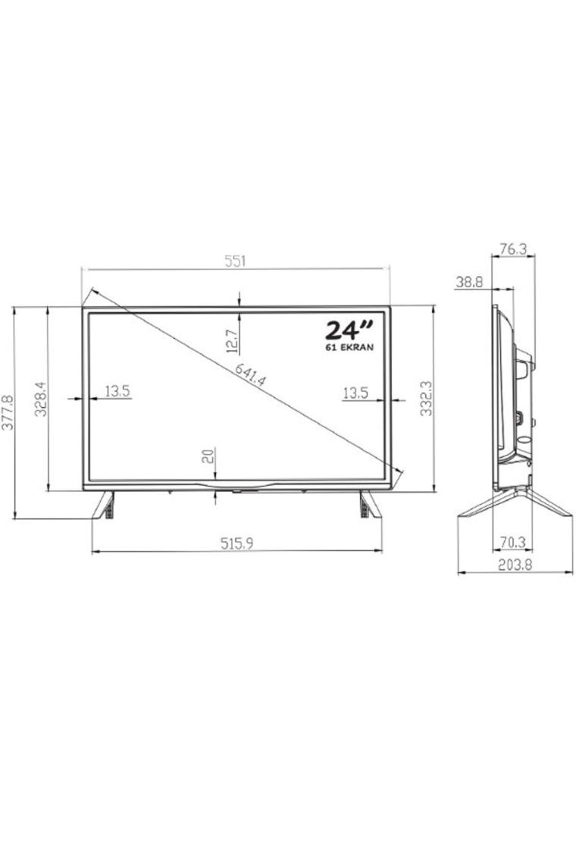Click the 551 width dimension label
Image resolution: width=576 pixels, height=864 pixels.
pyautogui.click(x=235, y=261)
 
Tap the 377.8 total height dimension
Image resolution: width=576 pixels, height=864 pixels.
pyautogui.click(x=7, y=412)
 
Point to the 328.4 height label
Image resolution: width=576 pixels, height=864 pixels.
pyautogui.click(x=41, y=399)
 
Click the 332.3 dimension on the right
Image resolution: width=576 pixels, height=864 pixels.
pyautogui.click(x=426, y=398)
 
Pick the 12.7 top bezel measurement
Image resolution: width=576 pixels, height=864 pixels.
pyautogui.click(x=232, y=341)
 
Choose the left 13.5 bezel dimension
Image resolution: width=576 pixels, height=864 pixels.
pyautogui.click(x=117, y=391)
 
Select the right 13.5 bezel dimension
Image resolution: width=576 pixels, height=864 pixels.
pyautogui.click(x=355, y=393)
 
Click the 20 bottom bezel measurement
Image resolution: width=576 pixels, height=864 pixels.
pyautogui.click(x=208, y=455)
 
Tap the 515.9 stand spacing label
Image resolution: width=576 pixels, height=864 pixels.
pyautogui.click(x=237, y=543)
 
